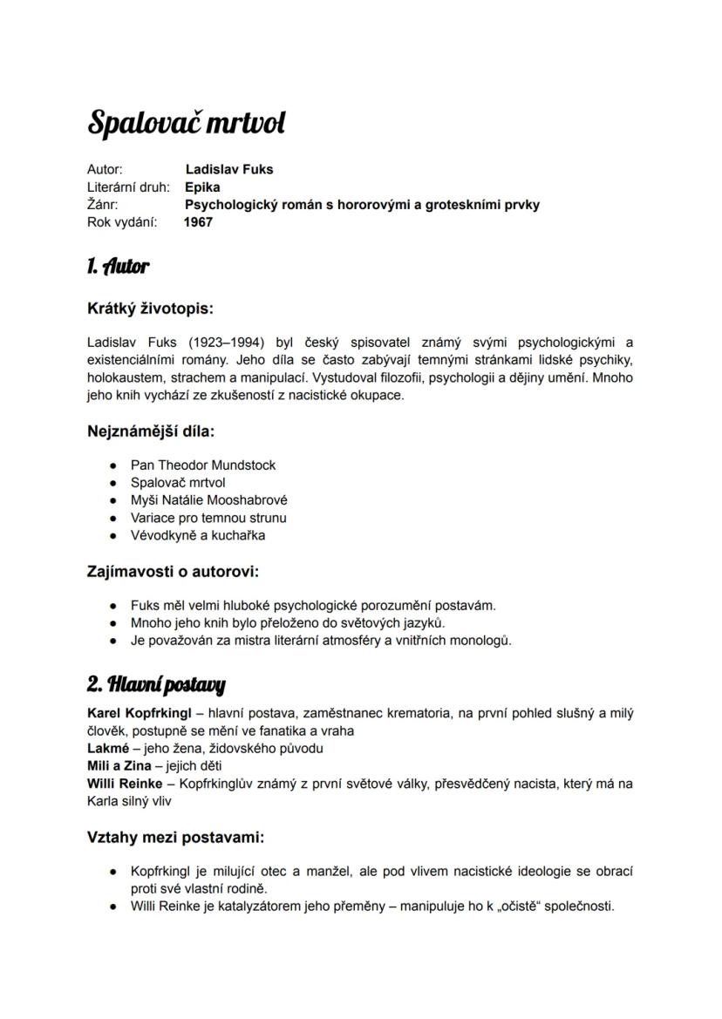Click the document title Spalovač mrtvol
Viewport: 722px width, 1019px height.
pyautogui.click(x=186, y=124)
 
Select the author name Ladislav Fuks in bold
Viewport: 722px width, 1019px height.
pyautogui.click(x=229, y=169)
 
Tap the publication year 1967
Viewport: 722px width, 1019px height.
pyautogui.click(x=198, y=222)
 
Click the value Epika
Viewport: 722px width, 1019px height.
pyautogui.click(x=202, y=187)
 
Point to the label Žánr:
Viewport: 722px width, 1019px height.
pyautogui.click(x=103, y=205)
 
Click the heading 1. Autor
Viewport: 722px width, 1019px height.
pyautogui.click(x=119, y=267)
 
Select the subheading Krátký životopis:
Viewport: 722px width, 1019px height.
pyautogui.click(x=150, y=309)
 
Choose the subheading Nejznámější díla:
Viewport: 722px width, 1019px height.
pyautogui.click(x=151, y=431)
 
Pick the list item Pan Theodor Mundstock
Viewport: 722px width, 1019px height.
pyautogui.click(x=203, y=465)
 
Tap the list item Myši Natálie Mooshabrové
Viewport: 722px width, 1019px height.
pyautogui.click(x=208, y=500)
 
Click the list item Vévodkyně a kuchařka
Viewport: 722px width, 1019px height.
pyautogui.click(x=198, y=535)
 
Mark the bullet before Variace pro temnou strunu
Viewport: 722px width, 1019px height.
pyautogui.click(x=113, y=518)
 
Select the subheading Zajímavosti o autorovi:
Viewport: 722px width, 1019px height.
pyautogui.click(x=174, y=572)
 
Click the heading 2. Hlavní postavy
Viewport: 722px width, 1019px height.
pyautogui.click(x=156, y=684)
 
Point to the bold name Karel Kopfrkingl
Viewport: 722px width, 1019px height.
pyautogui.click(x=140, y=713)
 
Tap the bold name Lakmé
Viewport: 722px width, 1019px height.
pyautogui.click(x=108, y=748)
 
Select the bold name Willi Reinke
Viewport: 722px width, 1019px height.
pyautogui.click(x=125, y=784)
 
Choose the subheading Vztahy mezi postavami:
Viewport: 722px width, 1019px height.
pyautogui.click(x=175, y=838)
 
